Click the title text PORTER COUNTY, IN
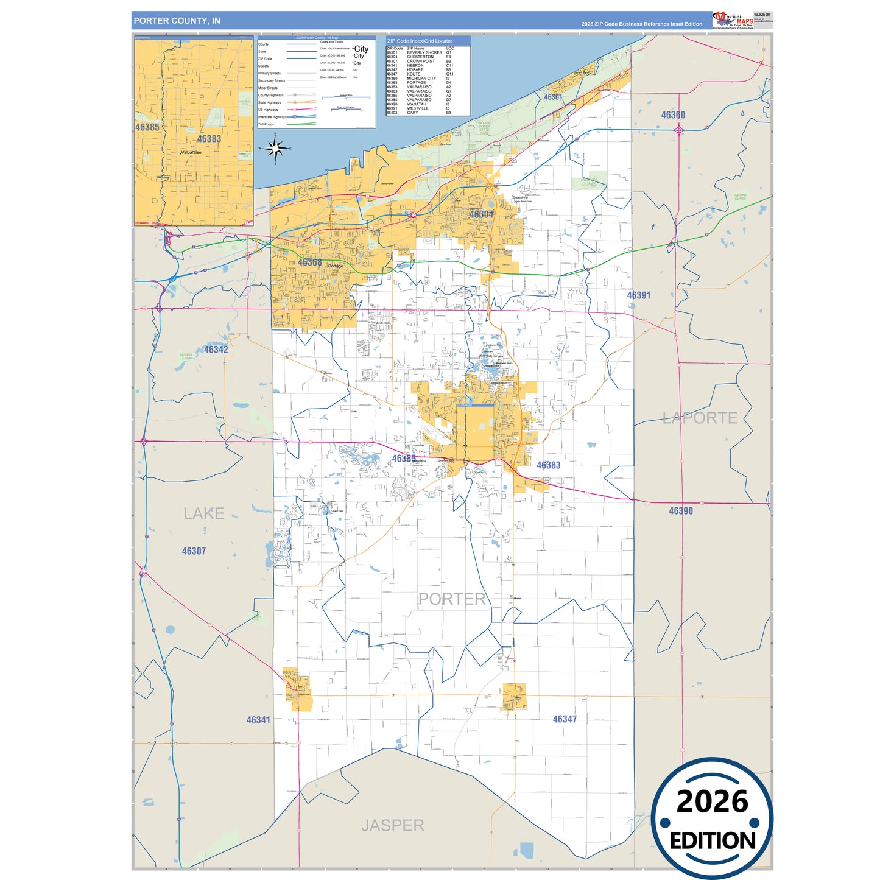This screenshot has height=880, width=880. [x=177, y=21]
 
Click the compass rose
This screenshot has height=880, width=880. [x=275, y=148]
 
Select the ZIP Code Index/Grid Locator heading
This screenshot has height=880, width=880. [x=420, y=41]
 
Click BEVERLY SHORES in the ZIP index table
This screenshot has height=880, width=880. [x=424, y=52]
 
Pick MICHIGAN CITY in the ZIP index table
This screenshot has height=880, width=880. [x=421, y=79]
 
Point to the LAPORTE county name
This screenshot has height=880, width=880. [x=700, y=418]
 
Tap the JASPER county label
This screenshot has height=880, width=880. [x=393, y=825]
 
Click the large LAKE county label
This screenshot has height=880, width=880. [x=204, y=513]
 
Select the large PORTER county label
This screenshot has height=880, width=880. [x=452, y=599]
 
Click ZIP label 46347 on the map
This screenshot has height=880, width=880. [x=565, y=719]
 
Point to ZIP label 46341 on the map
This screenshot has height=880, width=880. [x=258, y=720]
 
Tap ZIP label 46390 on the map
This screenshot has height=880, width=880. [x=681, y=511]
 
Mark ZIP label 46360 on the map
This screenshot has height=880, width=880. [x=673, y=115]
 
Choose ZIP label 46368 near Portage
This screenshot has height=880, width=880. [x=309, y=262]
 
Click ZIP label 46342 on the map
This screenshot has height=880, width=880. [x=216, y=350]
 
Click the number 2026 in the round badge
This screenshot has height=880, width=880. [x=712, y=801]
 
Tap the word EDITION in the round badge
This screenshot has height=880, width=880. [x=713, y=841]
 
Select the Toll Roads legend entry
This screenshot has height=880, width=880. [x=266, y=124]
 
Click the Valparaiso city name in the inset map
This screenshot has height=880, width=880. [x=191, y=152]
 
